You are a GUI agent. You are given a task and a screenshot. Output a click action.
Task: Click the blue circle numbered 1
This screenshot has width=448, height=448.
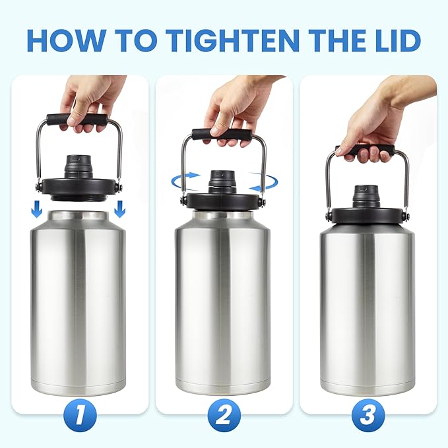[79, 416]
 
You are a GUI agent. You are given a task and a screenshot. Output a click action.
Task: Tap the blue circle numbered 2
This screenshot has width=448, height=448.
[223, 416]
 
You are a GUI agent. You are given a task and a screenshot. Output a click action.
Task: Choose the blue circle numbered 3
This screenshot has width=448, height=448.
[368, 416]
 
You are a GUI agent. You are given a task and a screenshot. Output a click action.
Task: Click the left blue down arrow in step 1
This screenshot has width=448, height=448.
[37, 208]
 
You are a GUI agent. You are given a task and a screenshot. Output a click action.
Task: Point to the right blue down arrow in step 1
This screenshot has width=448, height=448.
[120, 208]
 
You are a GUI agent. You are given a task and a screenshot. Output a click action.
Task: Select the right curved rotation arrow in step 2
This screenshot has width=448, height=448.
[263, 179]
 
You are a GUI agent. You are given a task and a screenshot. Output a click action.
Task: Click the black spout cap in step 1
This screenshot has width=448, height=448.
[79, 165]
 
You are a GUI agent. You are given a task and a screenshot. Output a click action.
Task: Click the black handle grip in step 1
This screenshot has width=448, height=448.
[77, 120]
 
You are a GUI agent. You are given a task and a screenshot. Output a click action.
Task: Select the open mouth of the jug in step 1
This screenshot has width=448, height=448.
[79, 216]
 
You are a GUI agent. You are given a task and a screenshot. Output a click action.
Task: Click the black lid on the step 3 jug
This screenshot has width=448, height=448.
[367, 214]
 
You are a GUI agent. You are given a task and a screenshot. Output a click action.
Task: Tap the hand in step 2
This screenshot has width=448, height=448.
[234, 112]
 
